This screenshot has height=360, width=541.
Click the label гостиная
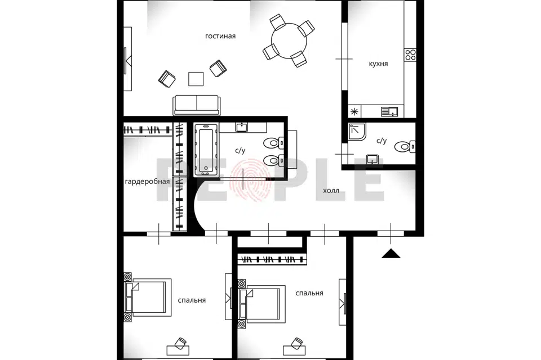pyautogui.click(x=220, y=36)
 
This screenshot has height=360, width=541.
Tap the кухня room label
pyautogui.click(x=378, y=64)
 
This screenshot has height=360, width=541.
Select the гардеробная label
pyautogui.click(x=147, y=182)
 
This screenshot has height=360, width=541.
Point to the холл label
pyautogui.click(x=331, y=191)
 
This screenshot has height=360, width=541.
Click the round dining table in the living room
pyautogui.click(x=289, y=40)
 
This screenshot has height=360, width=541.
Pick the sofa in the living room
pyautogui.click(x=196, y=105)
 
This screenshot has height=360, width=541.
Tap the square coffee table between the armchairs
pyautogui.click(x=196, y=79)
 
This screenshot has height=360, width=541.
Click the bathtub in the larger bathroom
pyautogui.click(x=206, y=150)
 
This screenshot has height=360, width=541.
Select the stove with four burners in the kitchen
pyautogui.click(x=410, y=55)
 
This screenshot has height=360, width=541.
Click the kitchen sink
pyautogui.click(x=389, y=111)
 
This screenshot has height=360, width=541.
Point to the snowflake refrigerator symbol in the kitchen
pyautogui.click(x=354, y=111)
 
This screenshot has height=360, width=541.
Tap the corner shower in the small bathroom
pyautogui.click(x=357, y=132)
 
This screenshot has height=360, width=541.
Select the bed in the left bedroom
pyautogui.click(x=148, y=298)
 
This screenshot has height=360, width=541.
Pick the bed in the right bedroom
pyautogui.click(x=262, y=304)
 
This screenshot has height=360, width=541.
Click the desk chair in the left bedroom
pyautogui.click(x=180, y=344)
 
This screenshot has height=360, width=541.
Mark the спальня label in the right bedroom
pyautogui.click(x=309, y=293)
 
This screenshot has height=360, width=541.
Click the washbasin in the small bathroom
pyautogui.click(x=372, y=160)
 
